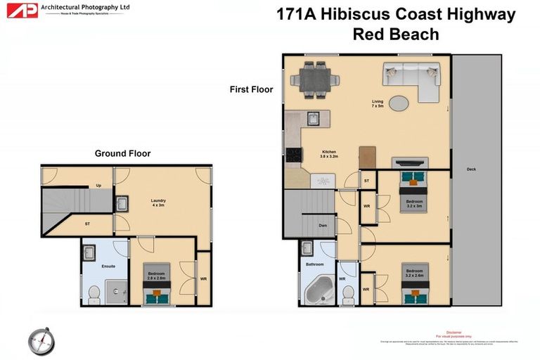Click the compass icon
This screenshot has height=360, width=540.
(x=40, y=341)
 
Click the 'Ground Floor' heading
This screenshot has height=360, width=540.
(x=122, y=153)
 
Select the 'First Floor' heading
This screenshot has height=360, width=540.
(x=251, y=89)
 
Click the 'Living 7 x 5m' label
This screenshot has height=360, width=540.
(x=378, y=104)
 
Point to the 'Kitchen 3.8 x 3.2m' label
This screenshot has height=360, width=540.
(x=330, y=154)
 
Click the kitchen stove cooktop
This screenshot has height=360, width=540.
(x=292, y=155)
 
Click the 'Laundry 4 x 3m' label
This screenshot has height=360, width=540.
(x=158, y=202)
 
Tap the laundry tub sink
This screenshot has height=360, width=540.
(x=121, y=204)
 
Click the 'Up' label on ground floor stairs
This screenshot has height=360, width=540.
(x=98, y=186)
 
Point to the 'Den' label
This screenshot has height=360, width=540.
(x=323, y=226)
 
